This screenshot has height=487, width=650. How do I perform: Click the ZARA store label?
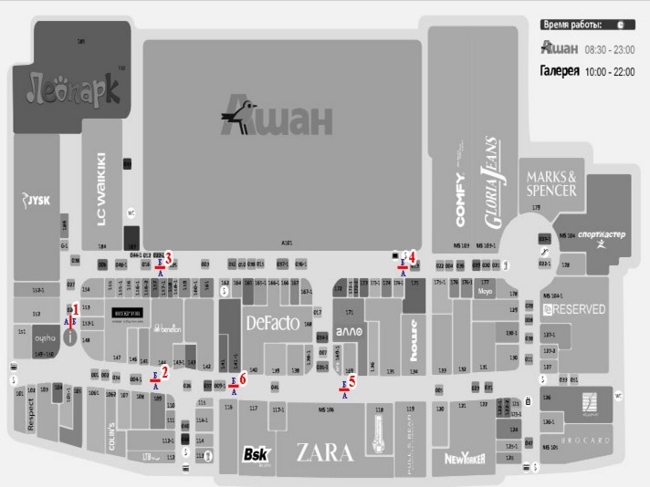click(324, 452)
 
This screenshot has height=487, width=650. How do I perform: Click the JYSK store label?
click(37, 200)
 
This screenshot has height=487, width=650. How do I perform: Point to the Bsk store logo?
click(254, 454)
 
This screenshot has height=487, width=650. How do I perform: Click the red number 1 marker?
click(76, 308)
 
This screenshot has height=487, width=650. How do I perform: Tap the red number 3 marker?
click(168, 256)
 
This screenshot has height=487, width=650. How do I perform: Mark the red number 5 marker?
click(351, 382)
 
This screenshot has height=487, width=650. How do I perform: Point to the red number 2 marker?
click(164, 371)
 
